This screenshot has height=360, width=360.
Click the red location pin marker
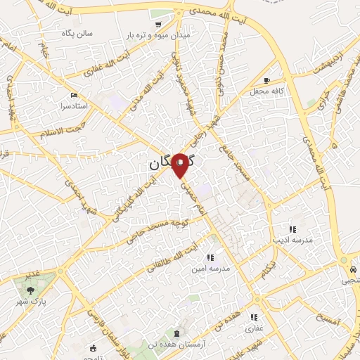click(181, 165)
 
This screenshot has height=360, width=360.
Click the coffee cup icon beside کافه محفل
click(267, 80)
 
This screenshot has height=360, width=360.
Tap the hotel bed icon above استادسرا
click(75, 95)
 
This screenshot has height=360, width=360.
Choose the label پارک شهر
click(30, 300)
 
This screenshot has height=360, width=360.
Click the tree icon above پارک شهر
click(30, 288)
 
